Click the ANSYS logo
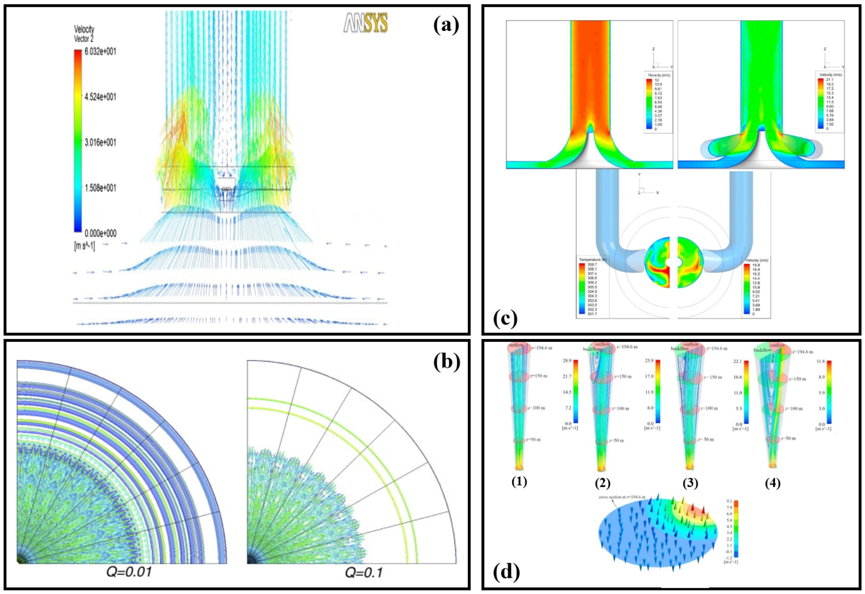click(x=365, y=23)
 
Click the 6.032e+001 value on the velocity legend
click(x=100, y=51)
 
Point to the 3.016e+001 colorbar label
click(x=100, y=142)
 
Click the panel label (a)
click(x=446, y=25)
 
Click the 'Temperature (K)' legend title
click(x=592, y=259)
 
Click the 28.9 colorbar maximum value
click(x=567, y=361)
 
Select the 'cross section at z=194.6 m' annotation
click(x=621, y=497)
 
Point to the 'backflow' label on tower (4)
click(x=762, y=350)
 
